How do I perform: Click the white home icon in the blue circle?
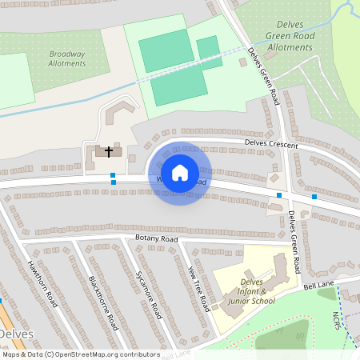180,172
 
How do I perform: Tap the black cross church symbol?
108,150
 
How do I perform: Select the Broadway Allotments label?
66,58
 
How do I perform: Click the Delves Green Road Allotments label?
290,36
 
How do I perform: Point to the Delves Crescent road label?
271,145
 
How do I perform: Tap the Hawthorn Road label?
43,283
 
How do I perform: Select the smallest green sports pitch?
209,50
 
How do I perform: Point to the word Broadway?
66,53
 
